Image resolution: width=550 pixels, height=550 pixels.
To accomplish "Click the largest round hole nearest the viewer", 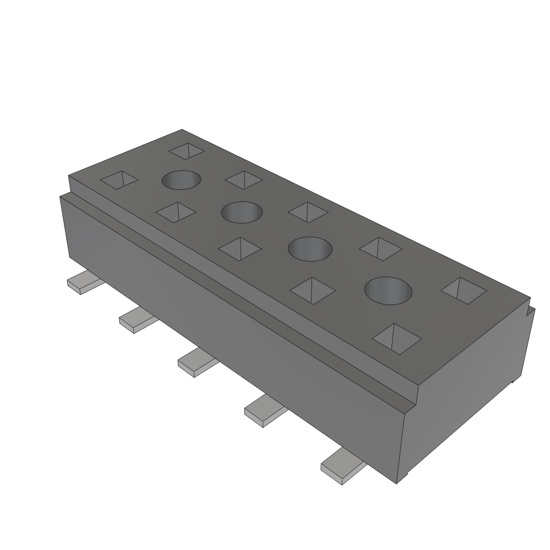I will click(x=388, y=291).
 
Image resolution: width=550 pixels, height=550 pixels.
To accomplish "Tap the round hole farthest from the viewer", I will click(x=182, y=180).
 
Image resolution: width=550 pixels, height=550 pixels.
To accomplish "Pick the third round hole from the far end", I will click(x=310, y=248).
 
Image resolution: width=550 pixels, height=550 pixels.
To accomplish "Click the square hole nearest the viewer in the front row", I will click(x=397, y=339).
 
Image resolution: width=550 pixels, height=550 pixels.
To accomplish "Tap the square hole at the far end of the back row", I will click(x=186, y=151).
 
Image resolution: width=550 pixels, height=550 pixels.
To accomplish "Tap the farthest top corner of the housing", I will click(x=182, y=130).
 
